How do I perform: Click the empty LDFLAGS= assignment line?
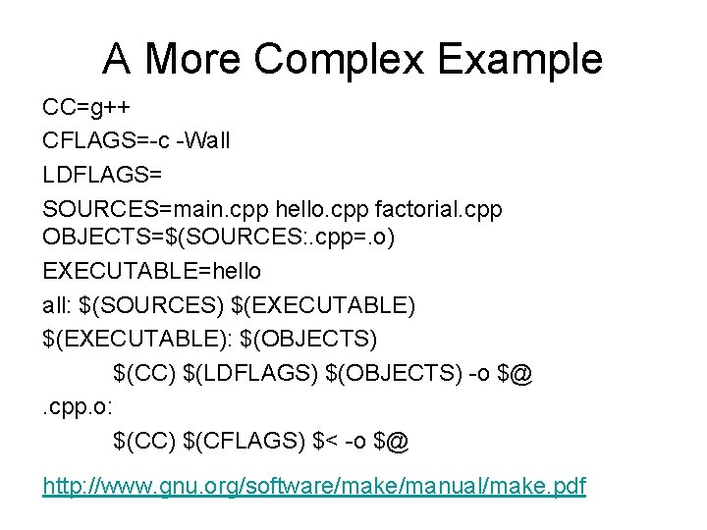(x=103, y=174)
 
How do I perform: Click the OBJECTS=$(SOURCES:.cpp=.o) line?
(x=218, y=238)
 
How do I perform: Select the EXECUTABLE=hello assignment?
(x=152, y=270)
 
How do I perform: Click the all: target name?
(x=58, y=304)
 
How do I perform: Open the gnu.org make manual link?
(x=313, y=486)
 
